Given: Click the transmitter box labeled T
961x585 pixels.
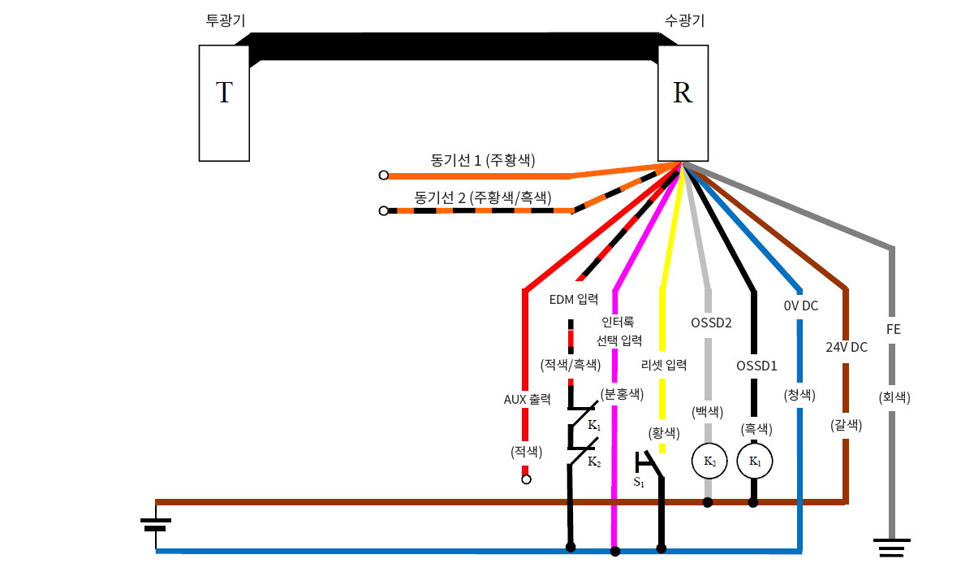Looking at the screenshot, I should pyautogui.click(x=224, y=102).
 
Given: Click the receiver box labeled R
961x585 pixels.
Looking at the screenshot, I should pyautogui.click(x=683, y=102).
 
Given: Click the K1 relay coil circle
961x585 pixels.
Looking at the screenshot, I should pyautogui.click(x=754, y=461).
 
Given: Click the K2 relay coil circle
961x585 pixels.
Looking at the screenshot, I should pyautogui.click(x=709, y=461).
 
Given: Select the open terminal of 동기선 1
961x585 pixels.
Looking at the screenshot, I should pyautogui.click(x=384, y=175).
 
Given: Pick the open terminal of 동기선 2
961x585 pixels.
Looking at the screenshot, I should pyautogui.click(x=384, y=210).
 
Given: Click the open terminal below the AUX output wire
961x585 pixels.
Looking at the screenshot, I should pyautogui.click(x=526, y=479).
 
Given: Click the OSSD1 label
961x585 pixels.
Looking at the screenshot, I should pyautogui.click(x=756, y=365).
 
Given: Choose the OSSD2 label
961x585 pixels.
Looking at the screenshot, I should pyautogui.click(x=711, y=323).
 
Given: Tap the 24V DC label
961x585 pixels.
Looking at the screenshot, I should pyautogui.click(x=847, y=347).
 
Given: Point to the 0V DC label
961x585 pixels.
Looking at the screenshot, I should pyautogui.click(x=800, y=306).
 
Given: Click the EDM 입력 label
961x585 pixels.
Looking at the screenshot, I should pyautogui.click(x=573, y=299).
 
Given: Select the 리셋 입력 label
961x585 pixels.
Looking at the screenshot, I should pyautogui.click(x=663, y=365).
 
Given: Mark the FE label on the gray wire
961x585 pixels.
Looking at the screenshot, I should pyautogui.click(x=893, y=330).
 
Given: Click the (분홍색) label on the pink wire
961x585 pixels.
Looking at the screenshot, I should pyautogui.click(x=622, y=394).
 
